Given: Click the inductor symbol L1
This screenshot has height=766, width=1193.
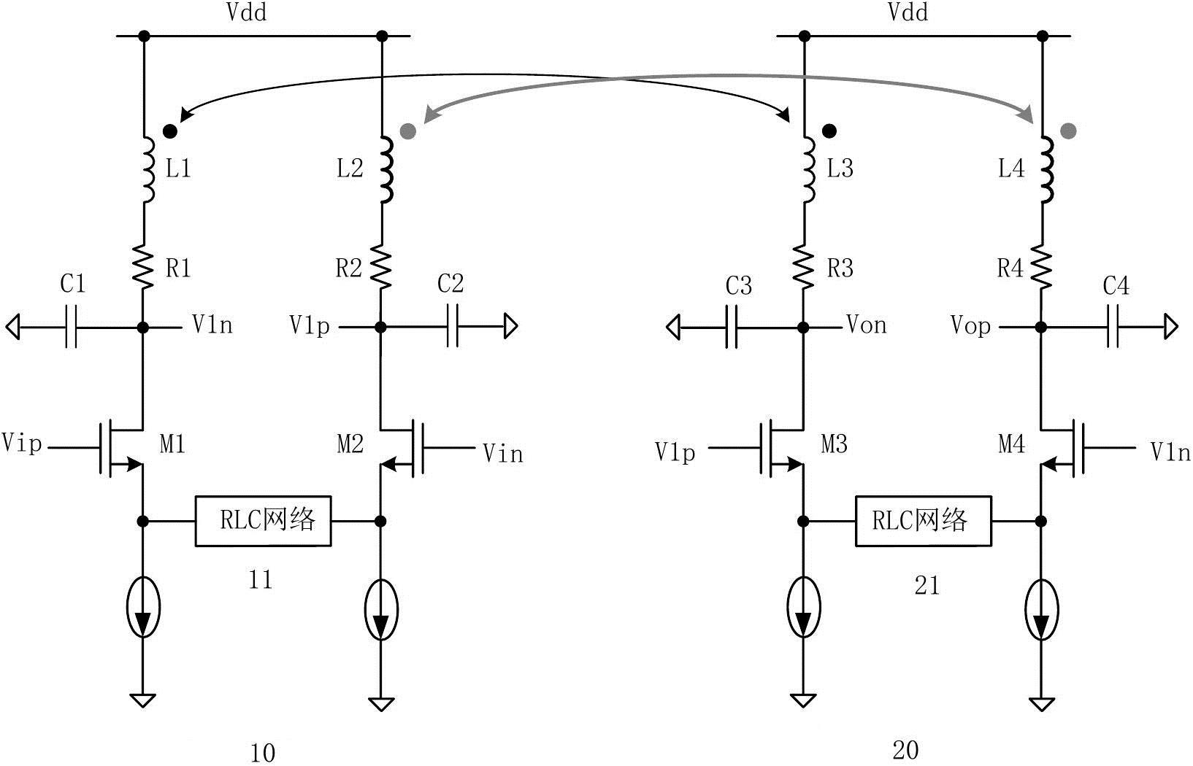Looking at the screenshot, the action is click(x=148, y=170).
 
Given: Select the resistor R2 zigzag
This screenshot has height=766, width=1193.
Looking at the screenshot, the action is click(x=381, y=267).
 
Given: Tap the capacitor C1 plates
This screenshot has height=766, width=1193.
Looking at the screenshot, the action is click(x=71, y=326).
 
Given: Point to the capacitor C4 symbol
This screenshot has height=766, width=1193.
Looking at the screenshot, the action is click(x=1113, y=326).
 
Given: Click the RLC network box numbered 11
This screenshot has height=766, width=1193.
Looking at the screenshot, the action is click(x=263, y=521).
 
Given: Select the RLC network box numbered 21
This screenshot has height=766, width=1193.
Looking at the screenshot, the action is click(x=924, y=521).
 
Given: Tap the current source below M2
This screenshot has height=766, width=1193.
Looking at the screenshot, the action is click(x=381, y=609).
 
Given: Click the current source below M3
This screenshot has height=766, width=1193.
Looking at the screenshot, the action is click(x=804, y=608).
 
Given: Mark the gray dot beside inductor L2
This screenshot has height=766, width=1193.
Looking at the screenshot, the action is click(x=408, y=131).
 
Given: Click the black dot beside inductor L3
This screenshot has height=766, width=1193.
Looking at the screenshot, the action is click(x=829, y=131).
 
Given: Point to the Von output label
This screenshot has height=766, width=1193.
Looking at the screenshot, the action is click(x=867, y=325).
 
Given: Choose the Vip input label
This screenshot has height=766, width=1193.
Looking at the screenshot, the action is click(x=22, y=443).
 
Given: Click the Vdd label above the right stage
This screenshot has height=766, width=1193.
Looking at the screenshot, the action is click(x=908, y=12).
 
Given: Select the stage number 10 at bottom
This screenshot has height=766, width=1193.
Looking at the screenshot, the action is click(x=263, y=753).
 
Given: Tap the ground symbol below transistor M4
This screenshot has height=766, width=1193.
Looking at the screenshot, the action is click(x=1042, y=704).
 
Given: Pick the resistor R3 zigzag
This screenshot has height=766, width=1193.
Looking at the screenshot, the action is click(x=804, y=267).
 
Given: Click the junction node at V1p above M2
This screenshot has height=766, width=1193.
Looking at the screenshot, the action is click(x=380, y=327).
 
